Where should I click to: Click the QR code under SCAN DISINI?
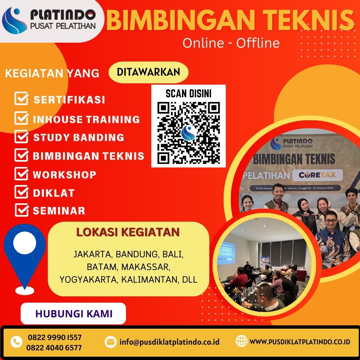coord(188,132)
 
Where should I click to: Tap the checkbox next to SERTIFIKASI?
coord(21,99)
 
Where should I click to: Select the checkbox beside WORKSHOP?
coord(21,174)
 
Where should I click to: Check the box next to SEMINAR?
coord(21,210)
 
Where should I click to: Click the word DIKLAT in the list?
coord(54,193)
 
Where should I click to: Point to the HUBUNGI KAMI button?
coord(73,314)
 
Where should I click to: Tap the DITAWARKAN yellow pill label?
coord(148,72)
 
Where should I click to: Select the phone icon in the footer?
coord(16,342)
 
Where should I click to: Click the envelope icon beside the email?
coord(110,342)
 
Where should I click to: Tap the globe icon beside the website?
coord(241,341)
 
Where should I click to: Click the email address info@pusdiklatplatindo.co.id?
coord(169,342)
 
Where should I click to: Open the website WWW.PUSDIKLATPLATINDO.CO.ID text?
coord(300,342)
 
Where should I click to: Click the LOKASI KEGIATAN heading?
coord(128,232)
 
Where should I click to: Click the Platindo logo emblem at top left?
coord(14,21)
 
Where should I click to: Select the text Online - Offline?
coord(231,43)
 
